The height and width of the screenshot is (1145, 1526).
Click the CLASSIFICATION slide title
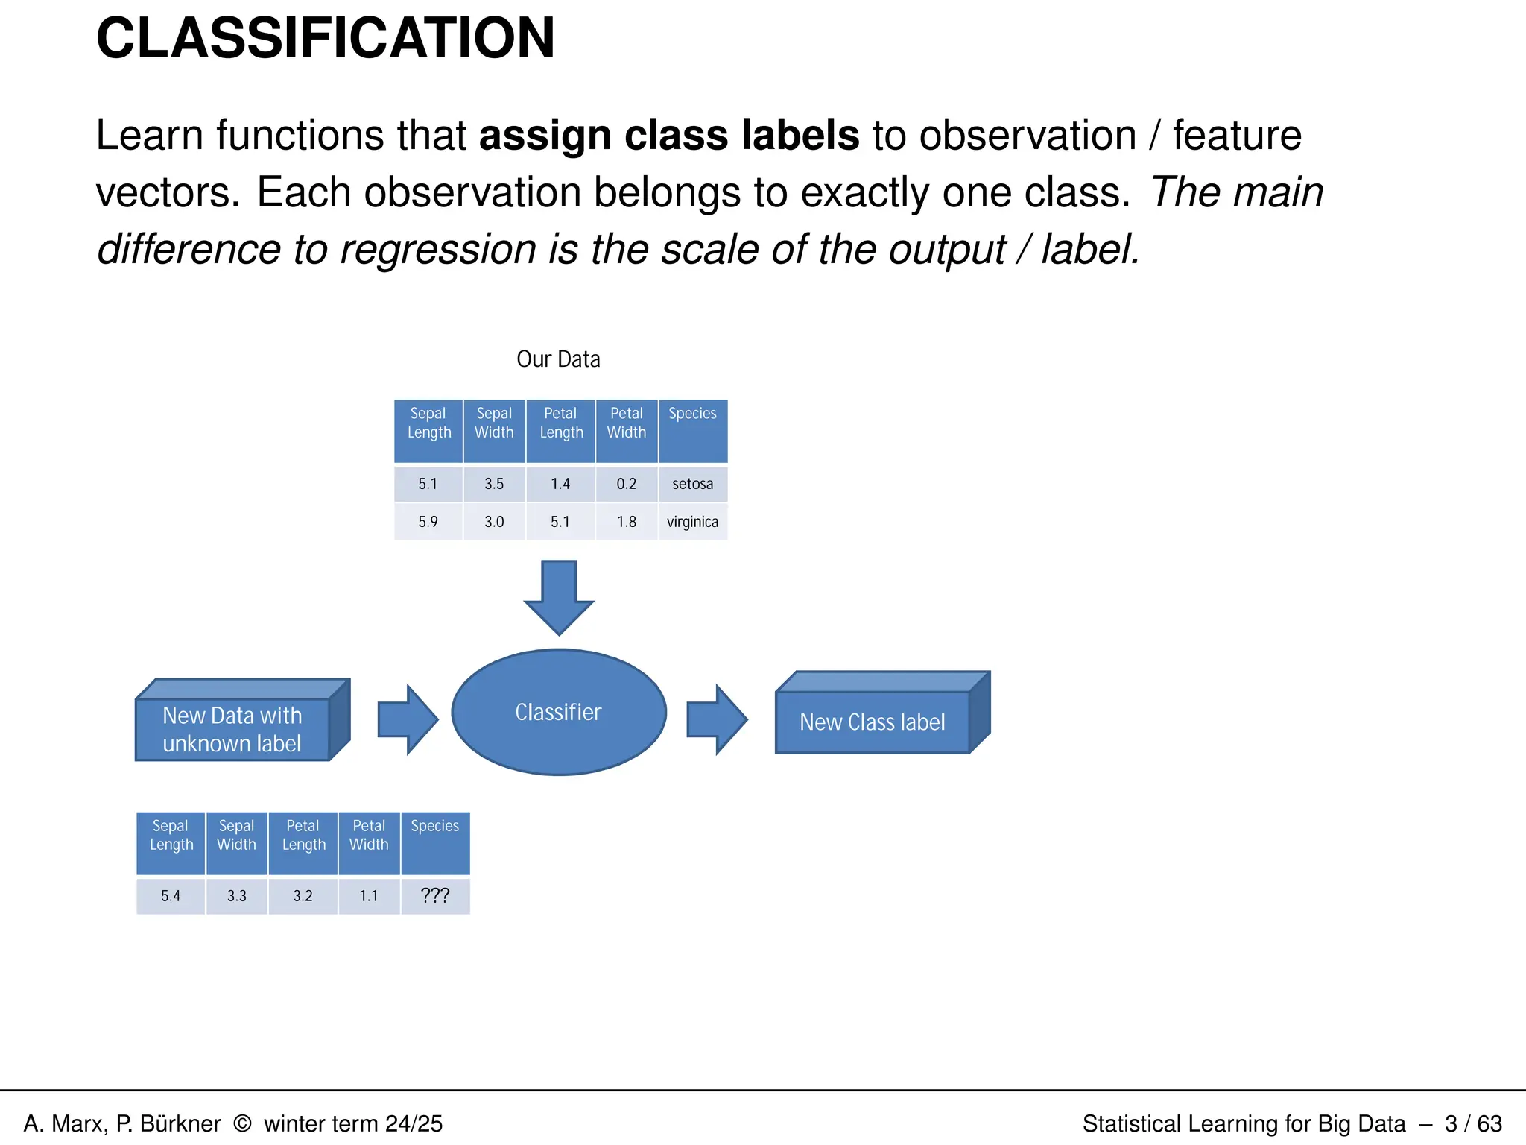tap(326, 39)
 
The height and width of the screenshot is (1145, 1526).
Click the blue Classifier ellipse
tap(559, 712)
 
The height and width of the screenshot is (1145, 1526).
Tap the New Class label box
tap(873, 722)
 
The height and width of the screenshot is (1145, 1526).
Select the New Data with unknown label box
tap(232, 729)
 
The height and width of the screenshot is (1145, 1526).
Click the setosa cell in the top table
tap(692, 484)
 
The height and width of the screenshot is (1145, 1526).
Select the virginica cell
tap(692, 522)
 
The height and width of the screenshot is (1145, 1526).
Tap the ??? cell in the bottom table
tap(435, 895)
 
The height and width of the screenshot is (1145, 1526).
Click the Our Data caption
tap(558, 359)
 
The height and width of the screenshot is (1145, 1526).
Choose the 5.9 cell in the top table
tap(428, 522)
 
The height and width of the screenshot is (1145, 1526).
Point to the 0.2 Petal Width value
tap(626, 484)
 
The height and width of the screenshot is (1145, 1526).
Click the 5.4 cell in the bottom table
tap(171, 895)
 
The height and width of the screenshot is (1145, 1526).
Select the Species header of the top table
tap(692, 414)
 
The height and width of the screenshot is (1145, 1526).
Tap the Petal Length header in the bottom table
tap(303, 835)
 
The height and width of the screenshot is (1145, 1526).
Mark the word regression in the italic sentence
tap(437, 250)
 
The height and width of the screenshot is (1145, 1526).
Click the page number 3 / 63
tap(1473, 1123)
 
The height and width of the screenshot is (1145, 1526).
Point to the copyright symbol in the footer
tap(242, 1123)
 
